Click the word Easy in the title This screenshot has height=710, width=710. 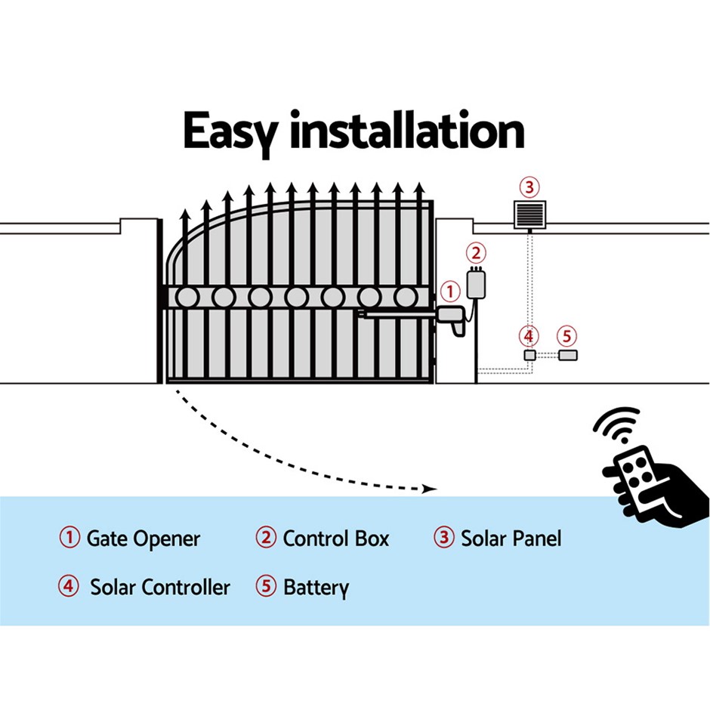pyautogui.click(x=230, y=132)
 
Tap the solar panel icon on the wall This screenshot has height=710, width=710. pyautogui.click(x=529, y=215)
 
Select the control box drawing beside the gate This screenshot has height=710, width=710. pyautogui.click(x=476, y=283)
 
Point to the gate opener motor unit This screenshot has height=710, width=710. pyautogui.click(x=451, y=319)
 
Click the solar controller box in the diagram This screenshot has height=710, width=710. pyautogui.click(x=529, y=354)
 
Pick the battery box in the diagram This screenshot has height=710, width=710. pyautogui.click(x=568, y=354)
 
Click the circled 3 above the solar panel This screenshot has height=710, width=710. pyautogui.click(x=529, y=187)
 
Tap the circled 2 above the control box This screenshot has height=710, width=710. pyautogui.click(x=476, y=253)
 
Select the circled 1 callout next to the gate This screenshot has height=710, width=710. pyautogui.click(x=449, y=292)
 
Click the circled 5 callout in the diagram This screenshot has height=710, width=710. pyautogui.click(x=566, y=336)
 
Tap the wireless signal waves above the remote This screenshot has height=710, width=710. pyautogui.click(x=617, y=424)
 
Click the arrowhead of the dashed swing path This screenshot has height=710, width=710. pyautogui.click(x=430, y=489)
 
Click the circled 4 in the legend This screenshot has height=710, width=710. pyautogui.click(x=69, y=585)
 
